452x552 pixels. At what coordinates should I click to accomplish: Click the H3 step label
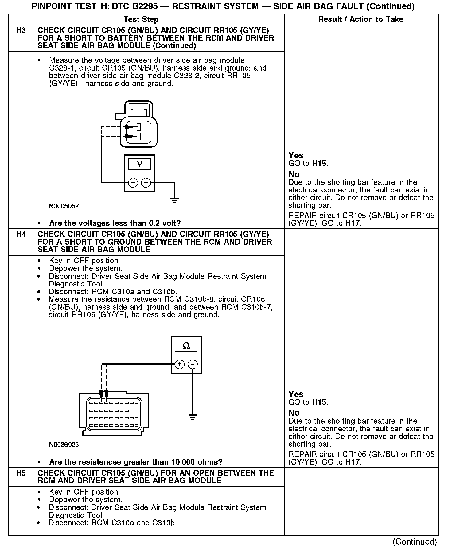click(x=21, y=30)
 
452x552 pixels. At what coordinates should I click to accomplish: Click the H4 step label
click(x=21, y=234)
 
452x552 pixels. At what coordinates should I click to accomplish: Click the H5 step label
click(x=21, y=473)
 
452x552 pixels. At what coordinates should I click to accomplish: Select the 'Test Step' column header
click(x=141, y=19)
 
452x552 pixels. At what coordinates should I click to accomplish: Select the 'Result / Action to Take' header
click(x=360, y=19)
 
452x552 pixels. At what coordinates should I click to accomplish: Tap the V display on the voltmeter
click(x=139, y=164)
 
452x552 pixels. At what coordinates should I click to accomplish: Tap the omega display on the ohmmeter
click(x=186, y=346)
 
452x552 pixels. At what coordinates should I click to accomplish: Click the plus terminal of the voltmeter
click(x=133, y=183)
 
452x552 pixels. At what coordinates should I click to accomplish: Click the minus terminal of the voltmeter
click(x=146, y=183)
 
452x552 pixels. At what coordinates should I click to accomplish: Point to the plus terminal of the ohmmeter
click(x=180, y=364)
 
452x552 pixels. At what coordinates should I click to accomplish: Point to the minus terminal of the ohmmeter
click(x=193, y=364)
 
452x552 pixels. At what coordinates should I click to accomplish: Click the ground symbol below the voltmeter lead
click(x=174, y=201)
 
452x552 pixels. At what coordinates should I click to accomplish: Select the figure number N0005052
click(x=64, y=206)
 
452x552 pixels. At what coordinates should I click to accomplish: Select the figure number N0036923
click(x=64, y=445)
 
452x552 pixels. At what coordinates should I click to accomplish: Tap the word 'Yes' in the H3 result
click(x=296, y=155)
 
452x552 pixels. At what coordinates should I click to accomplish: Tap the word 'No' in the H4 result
click(x=294, y=413)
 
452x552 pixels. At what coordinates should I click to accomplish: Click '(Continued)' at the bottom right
click(x=415, y=542)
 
